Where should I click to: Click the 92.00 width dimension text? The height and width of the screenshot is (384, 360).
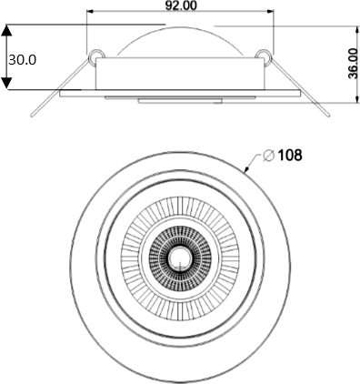tap(180, 5)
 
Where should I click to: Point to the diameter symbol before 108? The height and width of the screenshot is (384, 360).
tap(269, 156)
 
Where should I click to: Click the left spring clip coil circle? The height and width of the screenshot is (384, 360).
tap(95, 56)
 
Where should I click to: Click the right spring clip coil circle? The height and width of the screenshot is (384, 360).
tap(264, 56)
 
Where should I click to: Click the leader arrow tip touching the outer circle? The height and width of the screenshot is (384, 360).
tap(246, 169)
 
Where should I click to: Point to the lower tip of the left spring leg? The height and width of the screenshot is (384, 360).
tap(33, 116)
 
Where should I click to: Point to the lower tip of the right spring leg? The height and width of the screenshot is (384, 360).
tap(325, 116)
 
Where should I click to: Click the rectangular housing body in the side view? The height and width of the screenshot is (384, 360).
tap(179, 75)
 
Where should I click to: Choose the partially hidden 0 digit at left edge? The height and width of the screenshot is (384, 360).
tap(33, 60)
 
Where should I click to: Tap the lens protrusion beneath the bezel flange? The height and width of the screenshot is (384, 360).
tap(179, 100)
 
